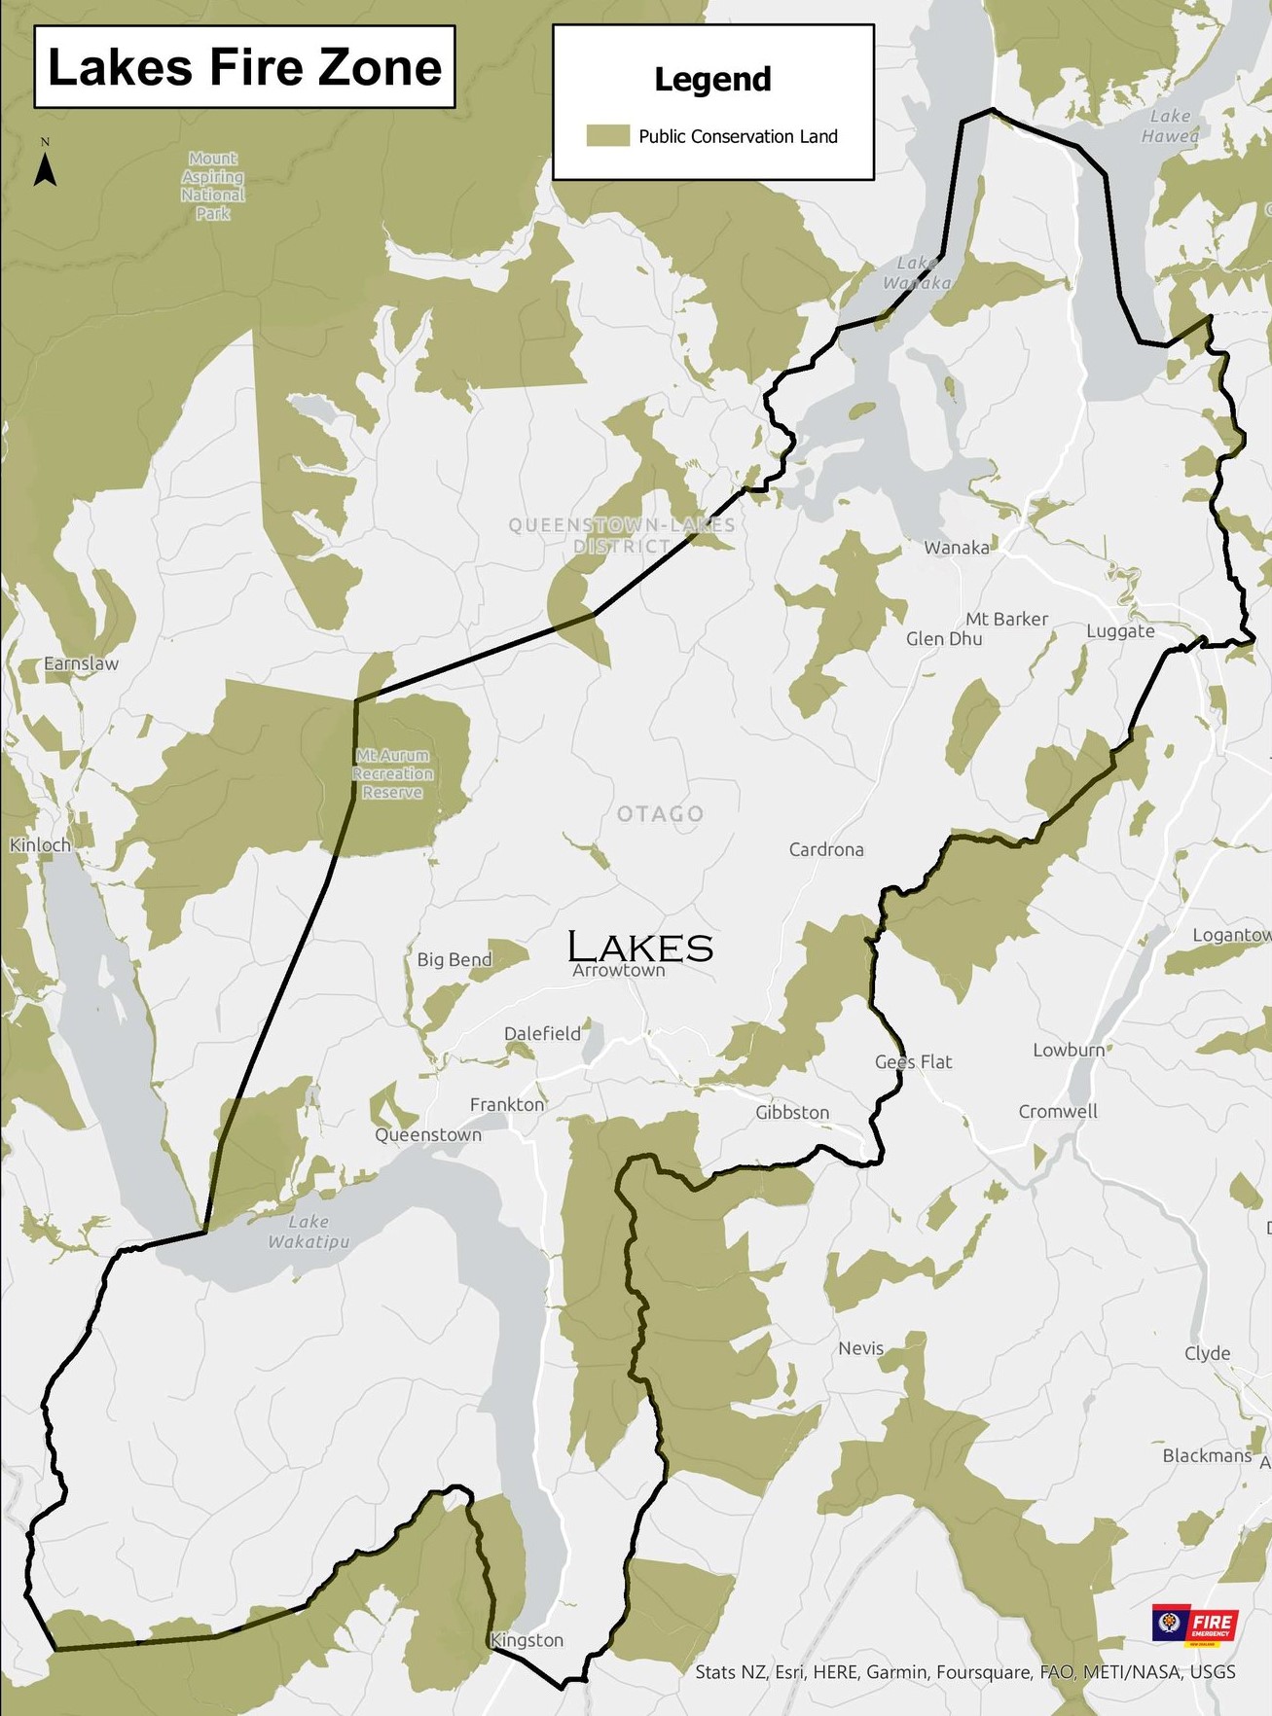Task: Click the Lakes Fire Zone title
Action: (244, 67)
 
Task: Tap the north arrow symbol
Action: (45, 165)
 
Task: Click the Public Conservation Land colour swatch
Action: (608, 136)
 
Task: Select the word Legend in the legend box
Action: (712, 80)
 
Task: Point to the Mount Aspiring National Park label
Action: (212, 185)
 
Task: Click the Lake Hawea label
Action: (1170, 126)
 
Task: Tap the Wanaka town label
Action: (957, 548)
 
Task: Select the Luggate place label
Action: (1120, 631)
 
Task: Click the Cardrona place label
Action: (826, 849)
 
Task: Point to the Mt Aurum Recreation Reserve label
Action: (393, 773)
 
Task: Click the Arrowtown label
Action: (619, 971)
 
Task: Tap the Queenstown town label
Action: (428, 1134)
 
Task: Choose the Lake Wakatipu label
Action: (309, 1232)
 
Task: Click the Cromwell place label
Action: (1058, 1111)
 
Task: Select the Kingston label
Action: (527, 1640)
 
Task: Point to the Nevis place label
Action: (861, 1348)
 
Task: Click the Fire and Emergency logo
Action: (1195, 1626)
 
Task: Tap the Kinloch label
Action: (41, 845)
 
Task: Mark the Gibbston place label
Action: (792, 1112)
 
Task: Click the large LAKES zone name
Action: (640, 947)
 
